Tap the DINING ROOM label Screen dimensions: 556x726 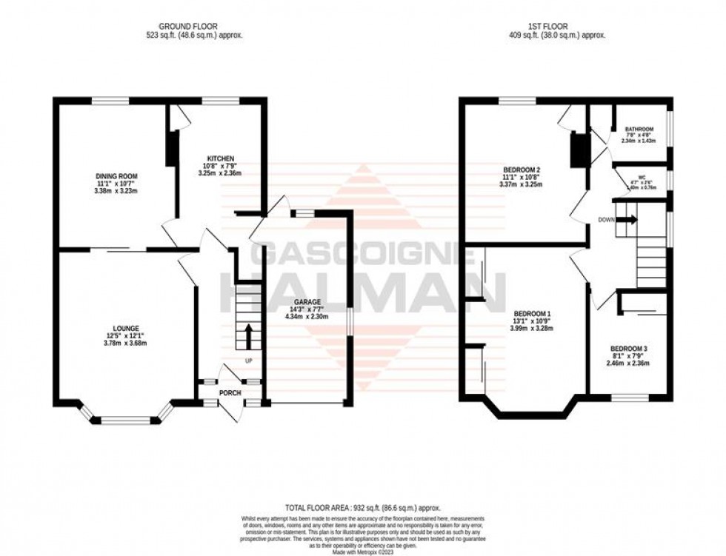pos(111,175)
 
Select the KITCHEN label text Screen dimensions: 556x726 pos(221,158)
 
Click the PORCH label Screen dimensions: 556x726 pos(230,392)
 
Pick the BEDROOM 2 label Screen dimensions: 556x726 pos(522,170)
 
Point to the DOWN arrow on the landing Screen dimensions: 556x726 pos(627,219)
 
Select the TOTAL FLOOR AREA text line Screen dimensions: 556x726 pos(362,508)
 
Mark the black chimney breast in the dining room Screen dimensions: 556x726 pos(171,147)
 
